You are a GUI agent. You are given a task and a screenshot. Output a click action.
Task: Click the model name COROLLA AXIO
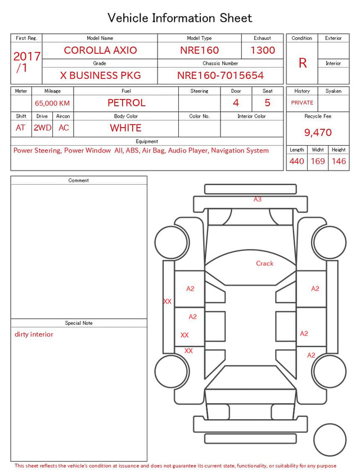pyautogui.click(x=100, y=50)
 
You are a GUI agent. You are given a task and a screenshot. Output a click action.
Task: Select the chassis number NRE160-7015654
pyautogui.click(x=220, y=75)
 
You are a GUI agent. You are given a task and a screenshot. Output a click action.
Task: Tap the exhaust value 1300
pyautogui.click(x=263, y=50)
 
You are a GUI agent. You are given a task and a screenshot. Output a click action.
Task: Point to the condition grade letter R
pyautogui.click(x=303, y=63)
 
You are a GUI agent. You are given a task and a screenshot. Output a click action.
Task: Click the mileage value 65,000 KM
pyautogui.click(x=52, y=104)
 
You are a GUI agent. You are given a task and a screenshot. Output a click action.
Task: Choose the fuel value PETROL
pyautogui.click(x=127, y=103)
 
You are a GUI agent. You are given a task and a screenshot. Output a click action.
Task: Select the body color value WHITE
pyautogui.click(x=125, y=128)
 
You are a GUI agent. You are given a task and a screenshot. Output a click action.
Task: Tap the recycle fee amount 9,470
pyautogui.click(x=318, y=132)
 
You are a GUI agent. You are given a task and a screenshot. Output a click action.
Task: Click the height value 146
pyautogui.click(x=339, y=161)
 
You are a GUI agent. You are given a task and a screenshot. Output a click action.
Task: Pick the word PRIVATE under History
pyautogui.click(x=302, y=103)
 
